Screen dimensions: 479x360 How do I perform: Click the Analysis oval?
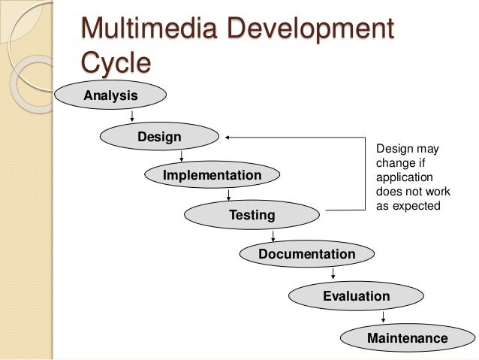pos(110,95)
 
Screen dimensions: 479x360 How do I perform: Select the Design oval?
pos(158,137)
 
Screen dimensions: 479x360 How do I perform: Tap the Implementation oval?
pos(212,176)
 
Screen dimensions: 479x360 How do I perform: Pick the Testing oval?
pos(252,216)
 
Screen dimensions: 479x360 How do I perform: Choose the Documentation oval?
pos(306,255)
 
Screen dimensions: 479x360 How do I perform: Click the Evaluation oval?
pos(356,296)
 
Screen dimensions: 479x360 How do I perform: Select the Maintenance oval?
pos(407,339)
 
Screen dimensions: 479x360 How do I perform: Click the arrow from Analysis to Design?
pos(132,116)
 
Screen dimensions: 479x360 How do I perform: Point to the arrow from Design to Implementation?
pos(182,156)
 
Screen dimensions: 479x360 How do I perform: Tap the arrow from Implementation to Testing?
pos(228,195)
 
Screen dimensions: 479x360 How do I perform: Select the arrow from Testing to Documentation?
pos(272,235)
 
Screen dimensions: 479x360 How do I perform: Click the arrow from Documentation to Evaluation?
pos(333,275)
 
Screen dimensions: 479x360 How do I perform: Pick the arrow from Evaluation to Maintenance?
pos(383,317)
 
